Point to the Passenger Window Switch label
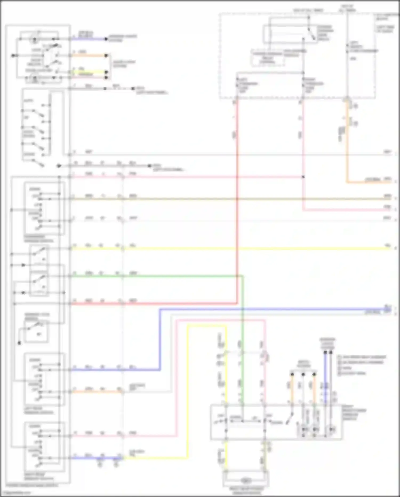(x=38, y=239)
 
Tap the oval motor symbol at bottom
(x=246, y=481)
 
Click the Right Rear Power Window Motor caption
(x=246, y=490)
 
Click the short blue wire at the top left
(x=88, y=39)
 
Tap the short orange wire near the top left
(x=88, y=56)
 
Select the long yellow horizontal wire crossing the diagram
(x=240, y=249)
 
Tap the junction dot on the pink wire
(x=303, y=177)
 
